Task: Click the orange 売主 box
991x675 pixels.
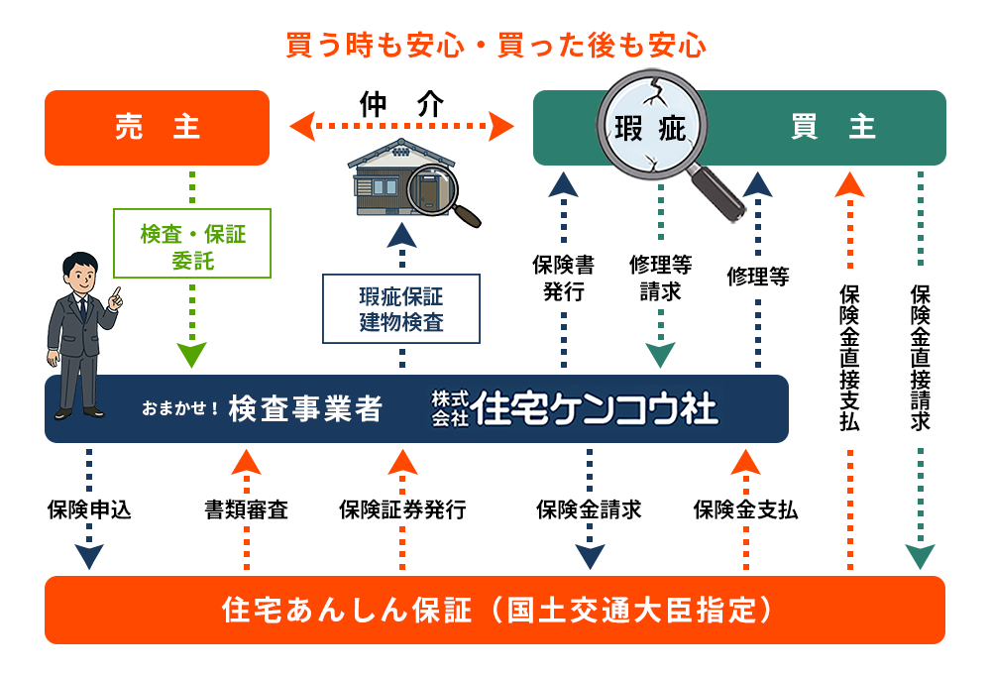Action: pos(157,127)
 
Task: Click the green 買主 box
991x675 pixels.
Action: pos(832,127)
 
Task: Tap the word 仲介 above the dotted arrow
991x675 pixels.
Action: pos(401,105)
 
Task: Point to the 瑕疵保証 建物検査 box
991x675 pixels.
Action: pos(401,308)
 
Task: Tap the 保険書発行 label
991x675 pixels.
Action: pos(563,278)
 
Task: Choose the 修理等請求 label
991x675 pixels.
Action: pos(660,278)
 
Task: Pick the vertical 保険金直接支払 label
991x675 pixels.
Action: pos(849,357)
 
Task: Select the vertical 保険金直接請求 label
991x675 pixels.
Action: pos(920,357)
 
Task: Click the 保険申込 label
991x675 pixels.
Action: pos(89,510)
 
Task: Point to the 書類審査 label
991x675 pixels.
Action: pos(246,510)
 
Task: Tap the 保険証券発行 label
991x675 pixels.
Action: pos(401,510)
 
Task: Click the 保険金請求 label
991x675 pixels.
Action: pos(589,510)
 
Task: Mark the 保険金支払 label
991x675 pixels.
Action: pos(745,510)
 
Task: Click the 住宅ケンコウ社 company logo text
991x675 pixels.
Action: pos(595,407)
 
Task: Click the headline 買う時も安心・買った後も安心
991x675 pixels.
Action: pos(495,46)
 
